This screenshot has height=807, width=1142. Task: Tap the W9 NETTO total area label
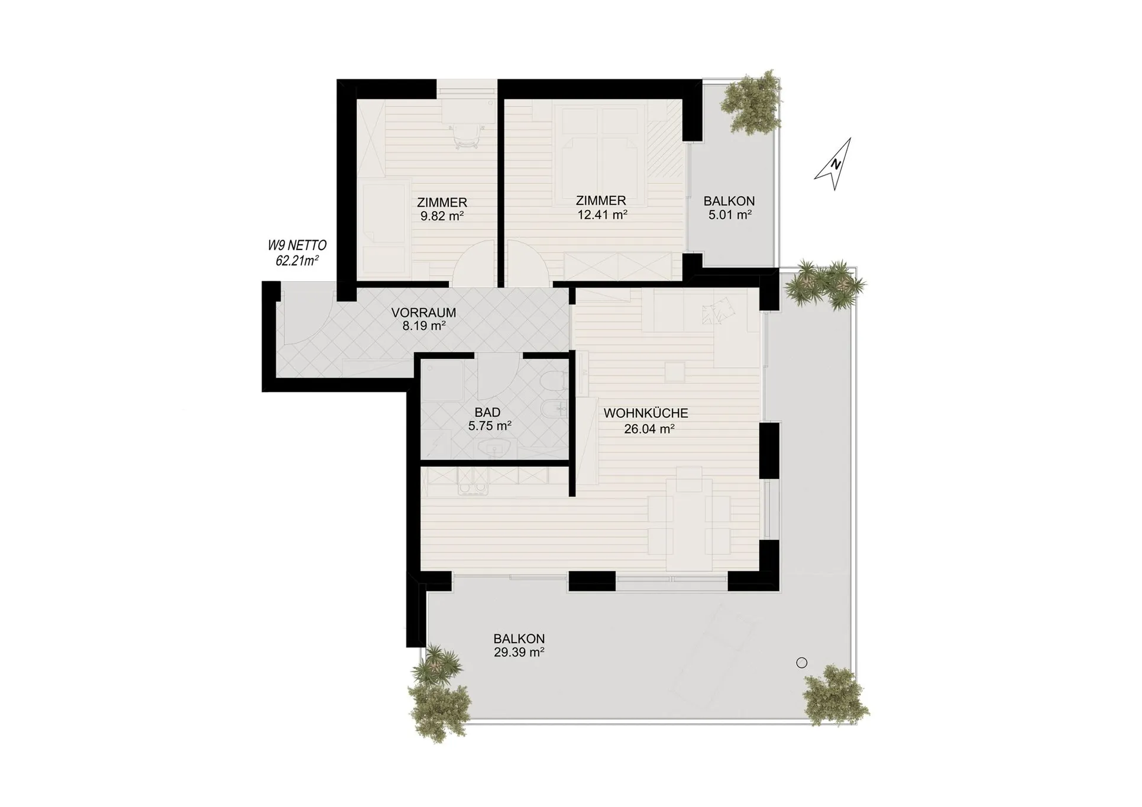pyautogui.click(x=297, y=253)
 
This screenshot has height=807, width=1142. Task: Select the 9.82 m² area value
pyautogui.click(x=442, y=216)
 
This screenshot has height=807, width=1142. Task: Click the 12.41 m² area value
pyautogui.click(x=602, y=215)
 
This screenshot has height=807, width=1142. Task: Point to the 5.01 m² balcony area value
pyautogui.click(x=730, y=215)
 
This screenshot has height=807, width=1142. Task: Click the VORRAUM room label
pyautogui.click(x=424, y=313)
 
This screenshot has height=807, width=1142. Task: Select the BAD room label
pyautogui.click(x=487, y=412)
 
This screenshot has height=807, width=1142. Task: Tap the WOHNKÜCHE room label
pyautogui.click(x=646, y=414)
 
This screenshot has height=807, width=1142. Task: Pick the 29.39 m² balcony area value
pyautogui.click(x=519, y=653)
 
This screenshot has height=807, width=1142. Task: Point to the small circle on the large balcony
pyautogui.click(x=801, y=663)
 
